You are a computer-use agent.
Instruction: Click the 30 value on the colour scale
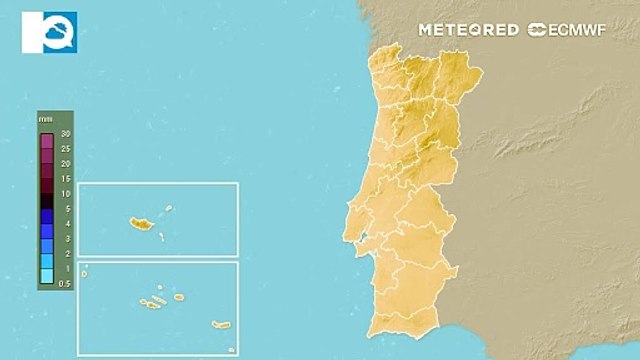click(x=65, y=133)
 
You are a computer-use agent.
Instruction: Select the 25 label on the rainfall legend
click(x=65, y=148)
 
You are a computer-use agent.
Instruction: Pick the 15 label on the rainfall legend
click(x=65, y=178)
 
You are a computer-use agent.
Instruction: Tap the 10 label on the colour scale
click(x=65, y=193)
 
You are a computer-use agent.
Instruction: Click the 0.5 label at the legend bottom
click(x=65, y=284)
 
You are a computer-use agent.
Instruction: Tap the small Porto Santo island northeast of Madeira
click(x=170, y=209)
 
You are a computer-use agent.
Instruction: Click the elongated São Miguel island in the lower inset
click(x=221, y=323)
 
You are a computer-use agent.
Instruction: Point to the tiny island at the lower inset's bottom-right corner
click(x=231, y=349)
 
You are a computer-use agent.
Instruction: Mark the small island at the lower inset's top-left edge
click(x=85, y=273)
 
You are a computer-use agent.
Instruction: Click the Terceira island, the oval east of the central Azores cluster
click(x=179, y=297)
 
